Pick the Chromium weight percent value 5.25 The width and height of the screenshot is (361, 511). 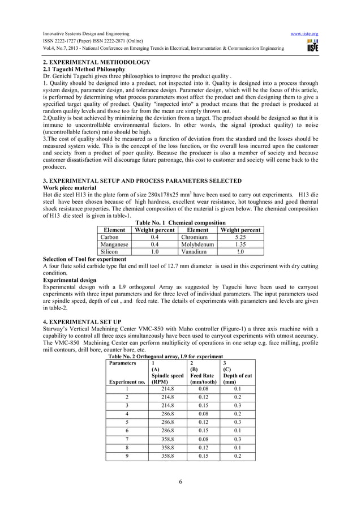point(240,238)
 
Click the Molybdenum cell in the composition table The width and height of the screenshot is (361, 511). point(197,245)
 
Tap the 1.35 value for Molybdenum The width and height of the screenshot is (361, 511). point(240,245)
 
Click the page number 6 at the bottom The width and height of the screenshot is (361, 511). point(180,497)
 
